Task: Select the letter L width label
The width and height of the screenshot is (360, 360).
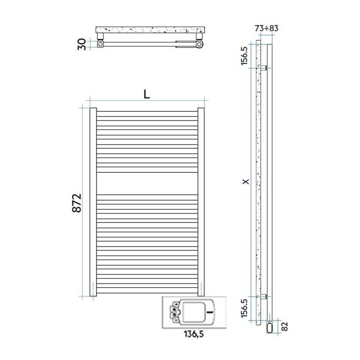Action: [x=147, y=94]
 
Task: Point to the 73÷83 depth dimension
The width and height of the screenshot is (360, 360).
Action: [x=267, y=28]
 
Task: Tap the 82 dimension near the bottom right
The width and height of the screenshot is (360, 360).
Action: [x=285, y=327]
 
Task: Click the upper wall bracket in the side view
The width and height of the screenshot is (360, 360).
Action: [x=264, y=68]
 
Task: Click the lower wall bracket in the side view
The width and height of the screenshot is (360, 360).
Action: [x=264, y=296]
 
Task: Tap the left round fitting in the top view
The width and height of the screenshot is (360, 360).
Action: [x=100, y=44]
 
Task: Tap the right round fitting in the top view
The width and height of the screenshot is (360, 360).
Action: [x=199, y=44]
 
